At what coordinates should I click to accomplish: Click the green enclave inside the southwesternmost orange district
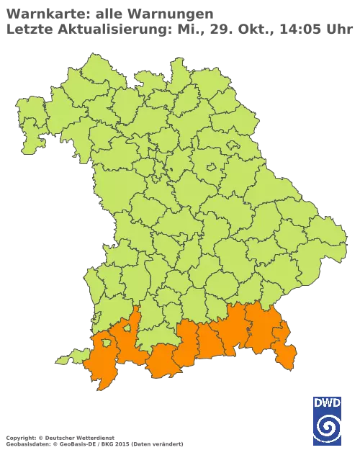106,344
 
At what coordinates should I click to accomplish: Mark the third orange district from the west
163,360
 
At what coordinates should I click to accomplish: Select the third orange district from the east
235,331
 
